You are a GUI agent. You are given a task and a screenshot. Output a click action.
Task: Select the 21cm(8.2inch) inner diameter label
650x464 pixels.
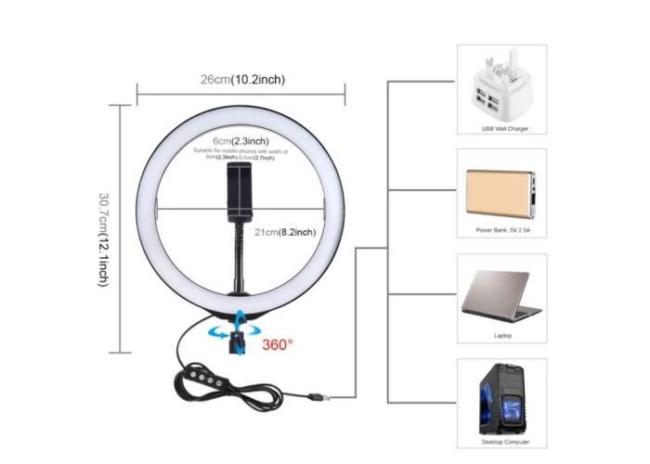(x=284, y=231)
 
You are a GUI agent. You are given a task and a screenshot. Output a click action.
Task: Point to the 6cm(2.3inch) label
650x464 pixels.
(x=232, y=141)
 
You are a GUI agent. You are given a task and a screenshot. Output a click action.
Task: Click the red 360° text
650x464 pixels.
(x=277, y=344)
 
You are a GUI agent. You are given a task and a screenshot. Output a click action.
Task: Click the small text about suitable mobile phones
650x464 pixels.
(x=240, y=154)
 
